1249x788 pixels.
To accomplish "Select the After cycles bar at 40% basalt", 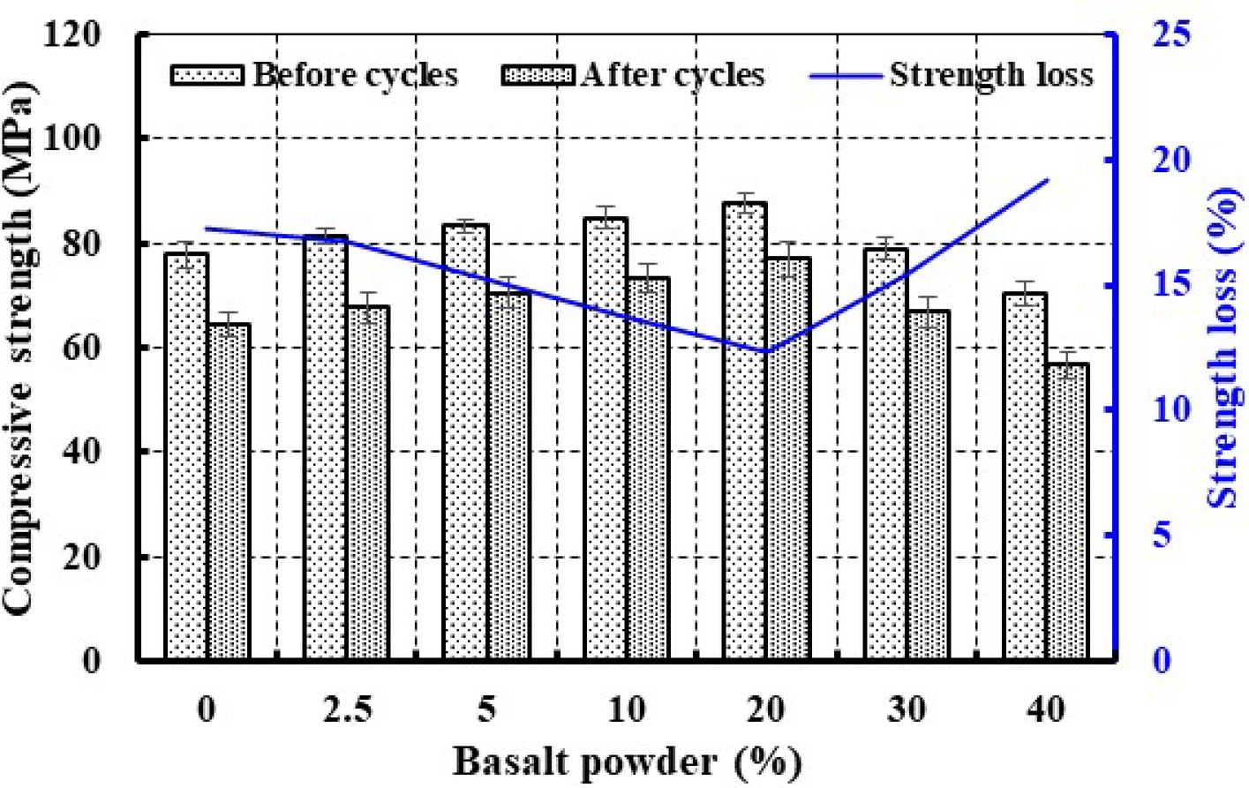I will coord(1067,512).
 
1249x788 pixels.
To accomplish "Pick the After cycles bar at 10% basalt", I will coord(649,469).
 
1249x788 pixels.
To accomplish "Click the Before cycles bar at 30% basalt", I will coord(884,454).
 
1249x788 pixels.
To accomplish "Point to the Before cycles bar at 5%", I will coord(465,442).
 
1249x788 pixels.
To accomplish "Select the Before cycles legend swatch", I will coord(207,75).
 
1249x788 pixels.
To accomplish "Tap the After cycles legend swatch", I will coord(538,75).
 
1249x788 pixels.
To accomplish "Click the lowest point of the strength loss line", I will coord(765,351).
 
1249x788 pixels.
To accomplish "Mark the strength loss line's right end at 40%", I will coord(1047,179).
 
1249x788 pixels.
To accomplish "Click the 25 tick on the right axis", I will coord(1170,34).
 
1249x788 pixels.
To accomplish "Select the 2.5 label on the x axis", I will coord(348,709).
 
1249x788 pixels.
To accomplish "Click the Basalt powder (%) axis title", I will coord(628,761).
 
